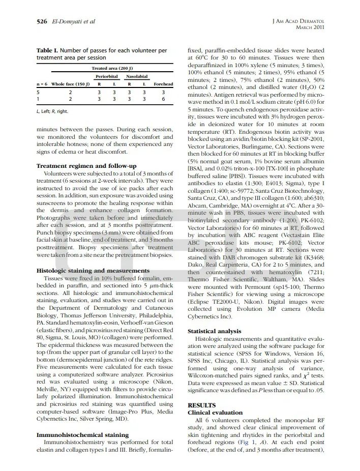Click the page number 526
(42, 21)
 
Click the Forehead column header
(163, 84)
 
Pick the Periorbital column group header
(107, 76)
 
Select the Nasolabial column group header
(137, 76)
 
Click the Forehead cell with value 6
(163, 99)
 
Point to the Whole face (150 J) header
(71, 84)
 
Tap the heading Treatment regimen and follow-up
(86, 166)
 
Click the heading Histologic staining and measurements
(93, 271)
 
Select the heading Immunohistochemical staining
(82, 435)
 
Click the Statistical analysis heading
(215, 331)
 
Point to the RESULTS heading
(202, 405)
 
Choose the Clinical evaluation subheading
(215, 413)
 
